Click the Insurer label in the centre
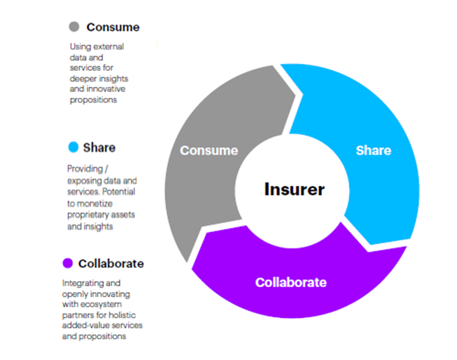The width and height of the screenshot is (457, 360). coord(294,189)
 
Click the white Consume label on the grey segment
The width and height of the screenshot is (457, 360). coord(209,150)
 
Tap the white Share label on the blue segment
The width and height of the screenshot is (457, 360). coord(373,150)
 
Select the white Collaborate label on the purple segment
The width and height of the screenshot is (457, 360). coord(290,282)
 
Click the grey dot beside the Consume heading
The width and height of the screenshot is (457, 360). coord(74,27)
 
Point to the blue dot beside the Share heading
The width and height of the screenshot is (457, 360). coord(73,147)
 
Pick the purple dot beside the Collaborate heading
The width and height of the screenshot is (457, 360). coord(67,263)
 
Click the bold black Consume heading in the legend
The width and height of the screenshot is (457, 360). coord(113,27)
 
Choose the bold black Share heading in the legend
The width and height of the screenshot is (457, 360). coord(99,147)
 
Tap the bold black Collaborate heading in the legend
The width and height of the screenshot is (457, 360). coord(111,263)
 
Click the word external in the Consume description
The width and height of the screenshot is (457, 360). coord(110,46)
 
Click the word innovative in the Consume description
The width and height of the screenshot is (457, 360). coord(106,89)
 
